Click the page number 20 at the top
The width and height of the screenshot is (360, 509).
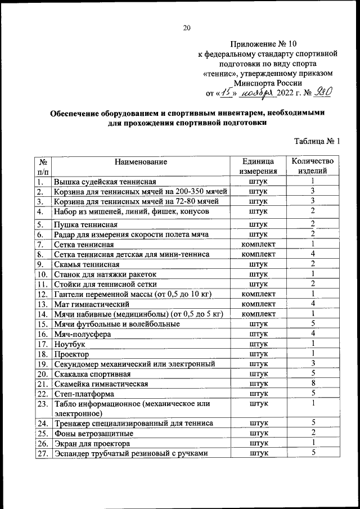(187, 28)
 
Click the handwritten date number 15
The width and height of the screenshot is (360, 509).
(226, 93)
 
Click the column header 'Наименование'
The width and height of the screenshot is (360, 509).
(141, 162)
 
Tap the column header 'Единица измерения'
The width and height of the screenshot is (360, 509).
(258, 166)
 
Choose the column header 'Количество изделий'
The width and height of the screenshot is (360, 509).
(312, 166)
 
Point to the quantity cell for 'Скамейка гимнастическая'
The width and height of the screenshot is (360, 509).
(312, 383)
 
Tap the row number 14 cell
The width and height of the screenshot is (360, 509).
(42, 314)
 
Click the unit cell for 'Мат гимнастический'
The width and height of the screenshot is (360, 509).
(258, 304)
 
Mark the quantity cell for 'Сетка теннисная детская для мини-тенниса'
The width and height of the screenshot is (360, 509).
(312, 254)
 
